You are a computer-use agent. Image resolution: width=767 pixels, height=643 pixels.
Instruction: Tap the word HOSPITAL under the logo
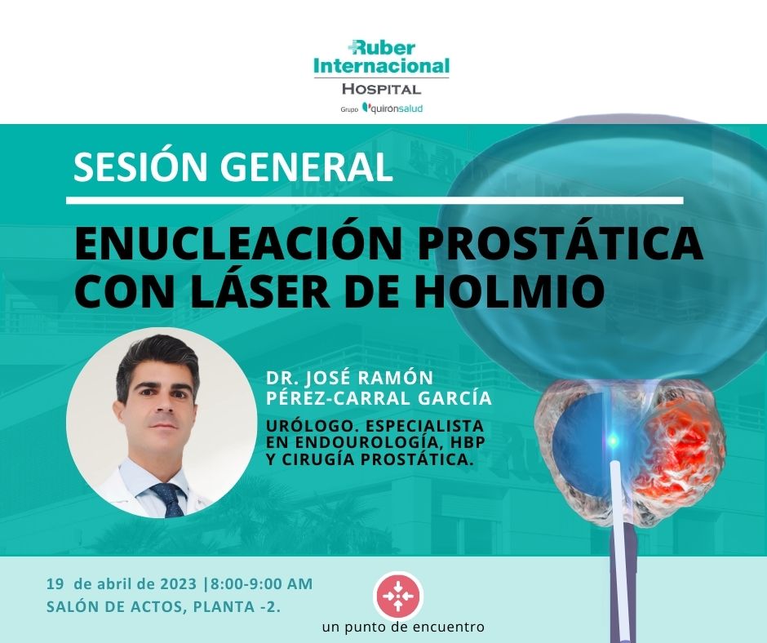point(381,89)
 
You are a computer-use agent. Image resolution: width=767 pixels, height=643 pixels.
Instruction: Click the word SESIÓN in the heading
point(135,167)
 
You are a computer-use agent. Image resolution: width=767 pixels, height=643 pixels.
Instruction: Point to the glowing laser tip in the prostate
point(613,441)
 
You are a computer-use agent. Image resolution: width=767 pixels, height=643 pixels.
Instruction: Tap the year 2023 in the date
point(177,583)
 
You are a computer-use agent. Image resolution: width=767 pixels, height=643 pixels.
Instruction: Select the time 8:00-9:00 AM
point(261,583)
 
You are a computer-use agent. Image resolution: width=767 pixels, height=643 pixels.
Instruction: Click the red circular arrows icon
point(398,596)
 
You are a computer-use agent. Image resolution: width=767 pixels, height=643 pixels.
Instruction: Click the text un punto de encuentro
point(404,627)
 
